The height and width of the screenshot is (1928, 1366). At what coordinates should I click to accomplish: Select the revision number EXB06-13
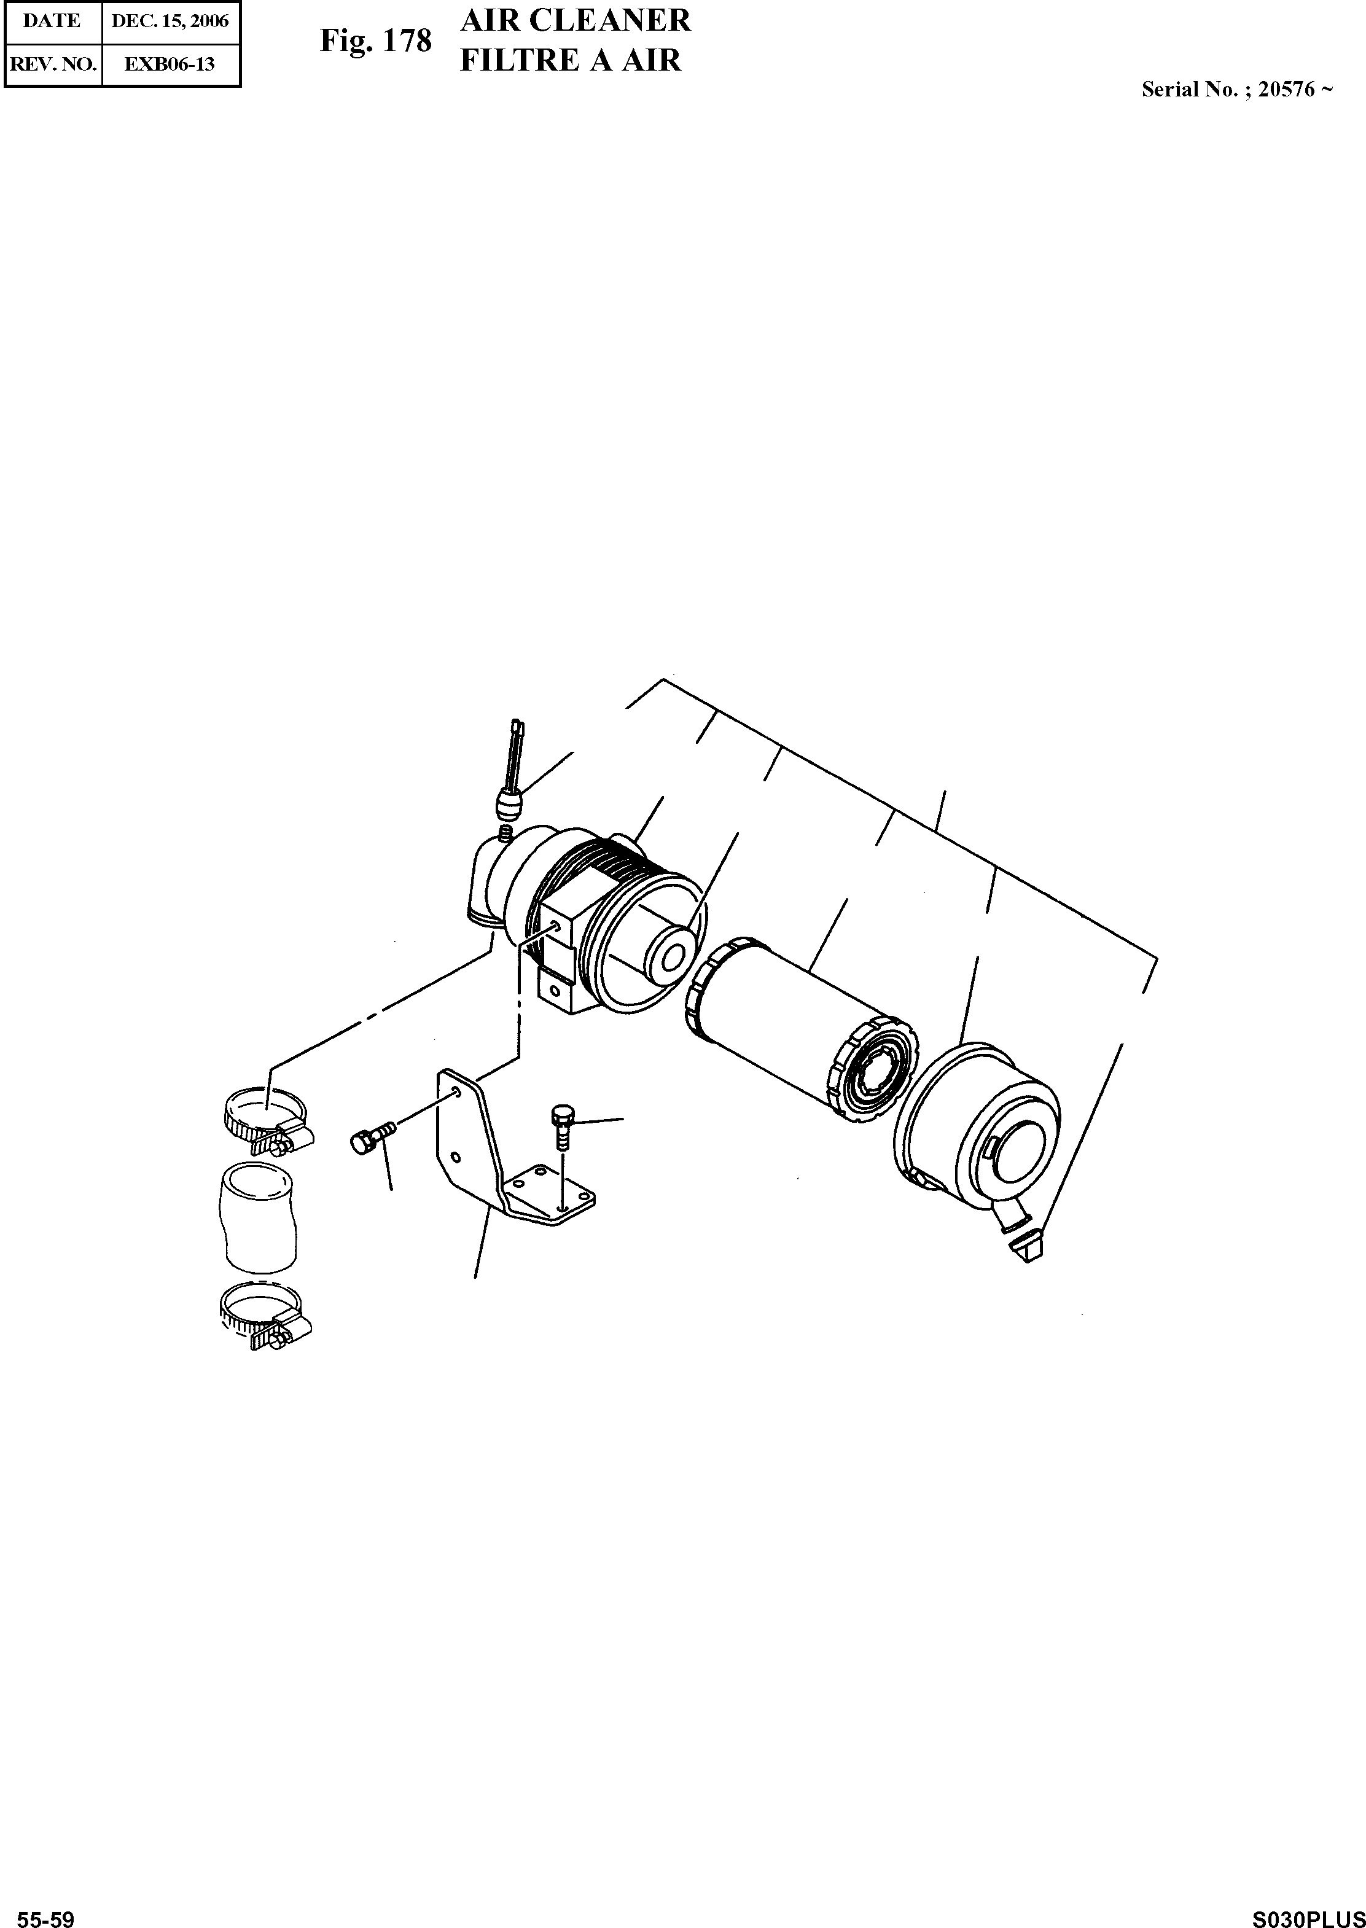(x=170, y=64)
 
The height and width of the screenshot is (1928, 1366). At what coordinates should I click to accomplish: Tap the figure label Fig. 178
(x=375, y=41)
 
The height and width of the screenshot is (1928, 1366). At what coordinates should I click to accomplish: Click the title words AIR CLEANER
(x=576, y=20)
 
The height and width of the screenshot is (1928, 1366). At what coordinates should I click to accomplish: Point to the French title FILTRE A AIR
(x=570, y=61)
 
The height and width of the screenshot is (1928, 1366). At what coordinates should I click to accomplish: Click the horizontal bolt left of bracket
(x=370, y=1139)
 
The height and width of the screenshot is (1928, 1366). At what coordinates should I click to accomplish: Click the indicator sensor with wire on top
(x=509, y=790)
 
